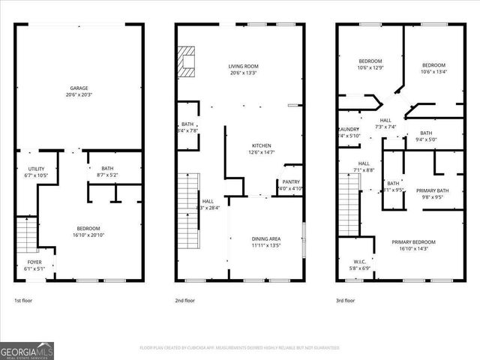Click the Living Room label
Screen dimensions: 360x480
click(x=243, y=67)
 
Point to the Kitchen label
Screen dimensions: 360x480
click(x=261, y=145)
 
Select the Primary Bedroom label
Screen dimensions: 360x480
click(x=413, y=241)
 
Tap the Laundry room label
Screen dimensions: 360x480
click(x=349, y=129)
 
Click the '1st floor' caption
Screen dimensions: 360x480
click(x=23, y=300)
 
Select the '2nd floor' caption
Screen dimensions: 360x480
click(x=185, y=300)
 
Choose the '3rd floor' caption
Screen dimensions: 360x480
click(x=346, y=300)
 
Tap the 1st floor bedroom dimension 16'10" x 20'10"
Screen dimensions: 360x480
click(x=88, y=235)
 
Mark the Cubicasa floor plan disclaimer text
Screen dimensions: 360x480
click(x=240, y=348)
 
